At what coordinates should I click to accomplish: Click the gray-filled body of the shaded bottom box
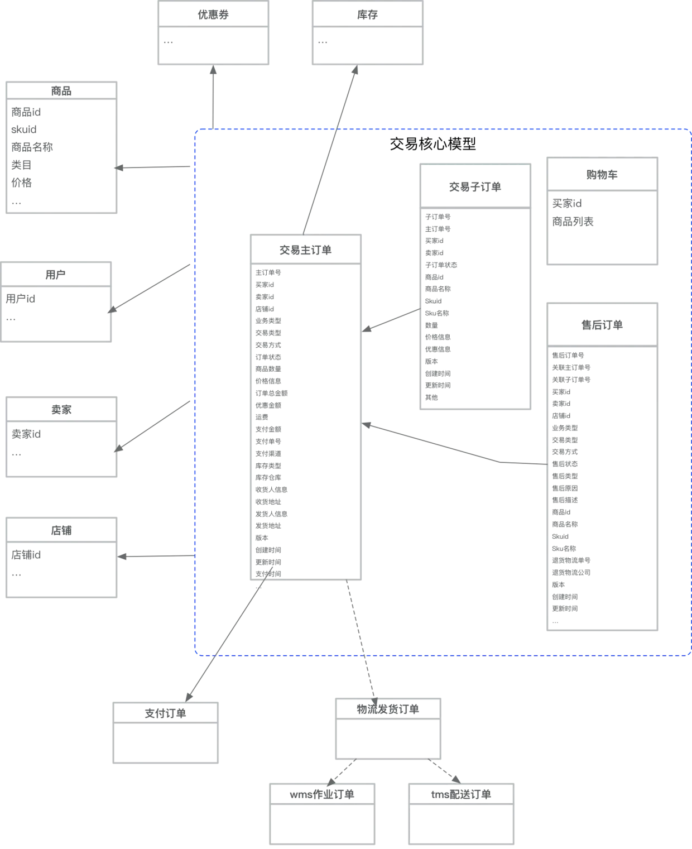tap(460, 823)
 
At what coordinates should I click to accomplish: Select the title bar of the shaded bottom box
tap(460, 793)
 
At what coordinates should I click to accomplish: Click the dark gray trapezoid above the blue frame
tap(279, 100)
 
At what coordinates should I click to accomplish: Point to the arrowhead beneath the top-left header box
tap(212, 71)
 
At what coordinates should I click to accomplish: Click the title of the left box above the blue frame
tap(214, 15)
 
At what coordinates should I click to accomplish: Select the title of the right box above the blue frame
tap(368, 15)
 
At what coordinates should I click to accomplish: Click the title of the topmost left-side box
tap(61, 92)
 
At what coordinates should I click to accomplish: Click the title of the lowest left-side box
tap(62, 529)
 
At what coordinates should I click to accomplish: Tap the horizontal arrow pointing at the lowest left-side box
tap(156, 556)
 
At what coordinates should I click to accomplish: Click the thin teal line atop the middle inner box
tap(475, 167)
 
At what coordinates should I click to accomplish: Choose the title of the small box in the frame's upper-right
tap(602, 176)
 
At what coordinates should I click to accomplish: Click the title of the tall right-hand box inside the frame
tap(602, 324)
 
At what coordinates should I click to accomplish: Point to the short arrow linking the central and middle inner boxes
tap(391, 320)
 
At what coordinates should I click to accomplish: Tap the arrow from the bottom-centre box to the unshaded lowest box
tap(338, 773)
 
